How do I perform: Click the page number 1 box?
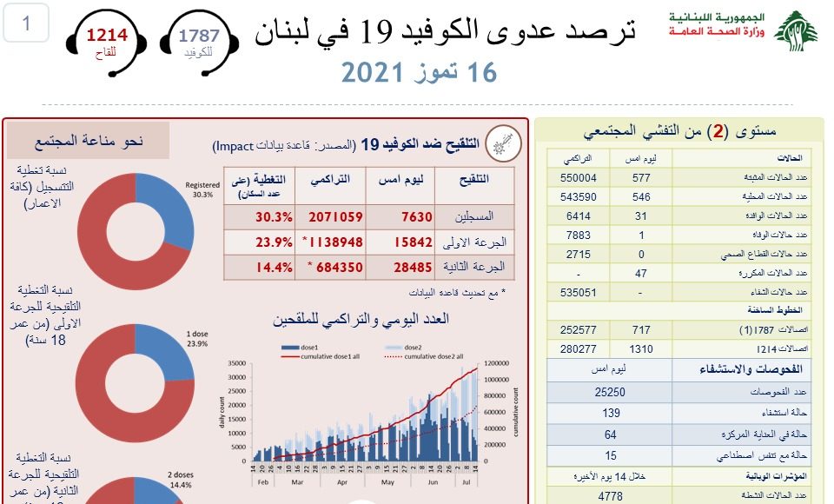click(x=26, y=23)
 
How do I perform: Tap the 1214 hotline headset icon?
click(x=105, y=42)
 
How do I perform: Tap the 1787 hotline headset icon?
click(x=199, y=42)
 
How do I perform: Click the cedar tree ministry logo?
click(x=794, y=31)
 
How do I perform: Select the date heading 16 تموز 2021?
click(x=419, y=73)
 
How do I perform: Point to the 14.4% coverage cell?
click(x=272, y=268)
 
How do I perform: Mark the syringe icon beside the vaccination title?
click(x=500, y=143)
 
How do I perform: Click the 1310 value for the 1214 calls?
click(x=641, y=348)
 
